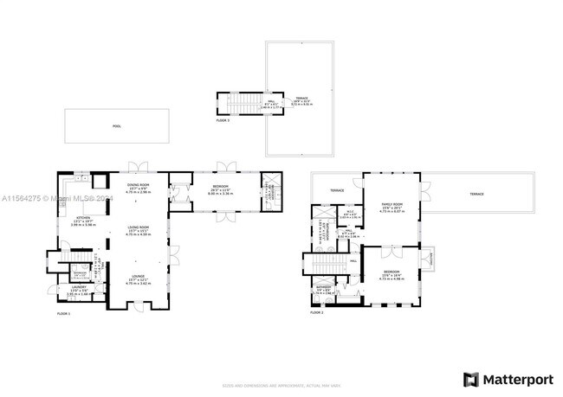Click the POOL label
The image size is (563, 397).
click(116, 126)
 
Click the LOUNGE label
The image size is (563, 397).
click(139, 278)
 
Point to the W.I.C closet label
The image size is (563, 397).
click(348, 213)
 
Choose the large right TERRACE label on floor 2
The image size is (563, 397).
click(477, 194)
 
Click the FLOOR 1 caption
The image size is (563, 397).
click(63, 313)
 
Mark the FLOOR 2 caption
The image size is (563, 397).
click(317, 313)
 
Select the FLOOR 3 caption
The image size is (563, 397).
click(223, 120)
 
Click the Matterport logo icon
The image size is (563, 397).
click(470, 379)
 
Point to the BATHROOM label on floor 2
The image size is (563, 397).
click(323, 287)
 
